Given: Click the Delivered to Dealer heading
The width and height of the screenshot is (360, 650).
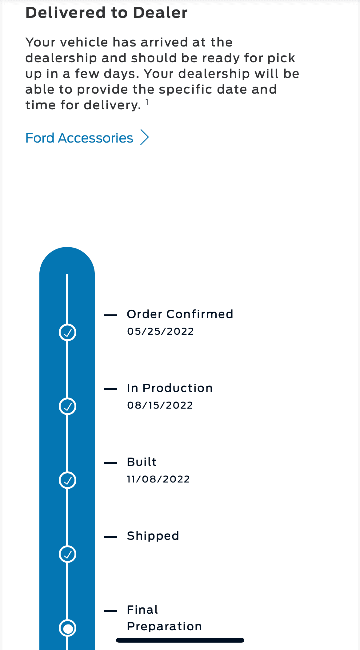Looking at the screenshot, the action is [x=106, y=13].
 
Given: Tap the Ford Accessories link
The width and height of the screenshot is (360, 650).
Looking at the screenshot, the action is [x=79, y=138].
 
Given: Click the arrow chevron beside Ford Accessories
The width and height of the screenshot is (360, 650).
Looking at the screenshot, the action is [x=145, y=137].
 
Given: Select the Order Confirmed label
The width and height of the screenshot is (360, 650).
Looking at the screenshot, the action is [x=180, y=314].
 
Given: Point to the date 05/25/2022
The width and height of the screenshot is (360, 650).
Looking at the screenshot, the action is [x=160, y=331].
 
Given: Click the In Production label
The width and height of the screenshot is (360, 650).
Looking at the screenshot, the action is [x=170, y=388].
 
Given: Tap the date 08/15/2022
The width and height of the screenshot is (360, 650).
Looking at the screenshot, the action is [x=160, y=405].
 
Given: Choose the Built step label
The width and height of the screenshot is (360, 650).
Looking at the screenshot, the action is [x=142, y=462].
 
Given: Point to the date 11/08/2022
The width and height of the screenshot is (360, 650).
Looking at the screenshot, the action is [x=158, y=479].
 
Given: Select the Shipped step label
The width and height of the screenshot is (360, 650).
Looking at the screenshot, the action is [x=153, y=536].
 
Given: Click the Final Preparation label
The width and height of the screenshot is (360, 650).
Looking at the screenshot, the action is [x=164, y=618].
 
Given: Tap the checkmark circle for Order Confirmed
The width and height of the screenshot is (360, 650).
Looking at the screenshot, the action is [x=67, y=333].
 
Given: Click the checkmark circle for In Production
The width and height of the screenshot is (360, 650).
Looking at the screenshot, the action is [x=67, y=406].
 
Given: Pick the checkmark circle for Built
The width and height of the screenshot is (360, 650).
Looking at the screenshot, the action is [x=67, y=480].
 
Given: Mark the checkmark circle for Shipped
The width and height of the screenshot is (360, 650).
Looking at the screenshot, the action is [x=67, y=554].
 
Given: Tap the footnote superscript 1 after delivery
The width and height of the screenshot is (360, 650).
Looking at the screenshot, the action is [x=147, y=102].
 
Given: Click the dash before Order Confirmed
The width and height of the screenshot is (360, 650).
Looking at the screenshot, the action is [x=110, y=315].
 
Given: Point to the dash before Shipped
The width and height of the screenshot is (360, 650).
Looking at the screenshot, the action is [x=110, y=537].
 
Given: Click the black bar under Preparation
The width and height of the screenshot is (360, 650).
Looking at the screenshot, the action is [x=180, y=640].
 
